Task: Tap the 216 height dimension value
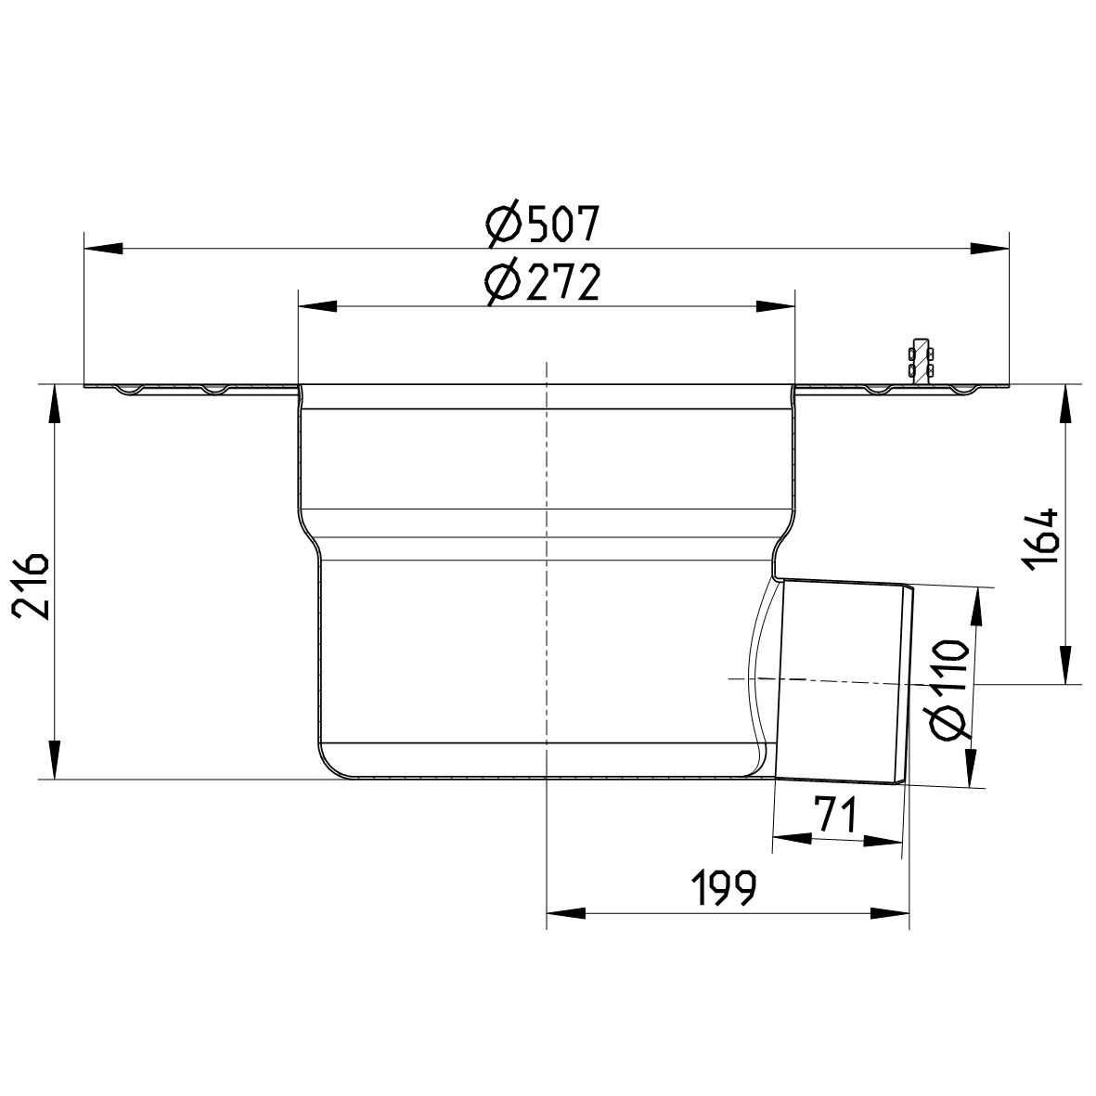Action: [31, 585]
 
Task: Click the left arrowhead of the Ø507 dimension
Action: [102, 248]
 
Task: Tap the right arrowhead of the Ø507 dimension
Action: [990, 248]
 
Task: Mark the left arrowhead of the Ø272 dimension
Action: [316, 306]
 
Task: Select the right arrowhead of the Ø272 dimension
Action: [776, 306]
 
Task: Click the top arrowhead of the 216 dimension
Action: [54, 405]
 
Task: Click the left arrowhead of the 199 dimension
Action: [566, 913]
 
